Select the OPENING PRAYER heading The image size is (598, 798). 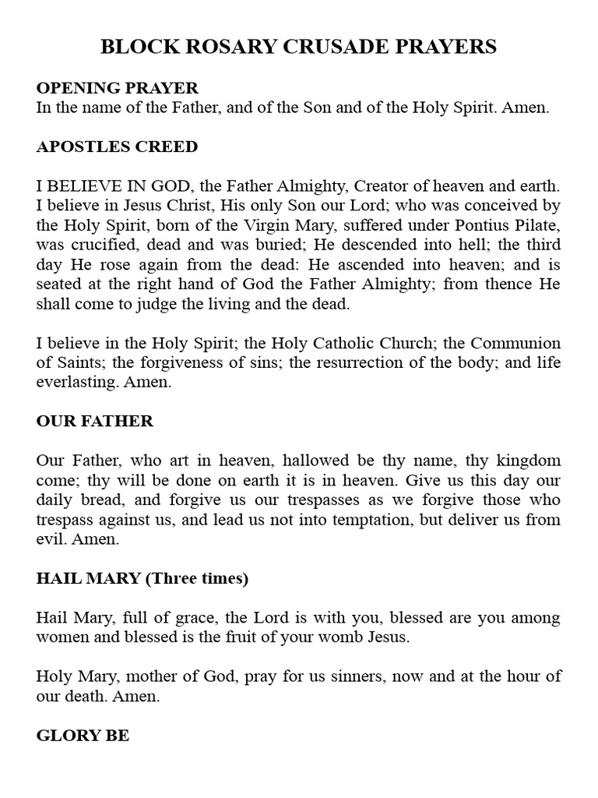(118, 88)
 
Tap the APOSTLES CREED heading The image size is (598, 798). (117, 147)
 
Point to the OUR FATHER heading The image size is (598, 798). (95, 422)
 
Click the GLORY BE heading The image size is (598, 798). (83, 736)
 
